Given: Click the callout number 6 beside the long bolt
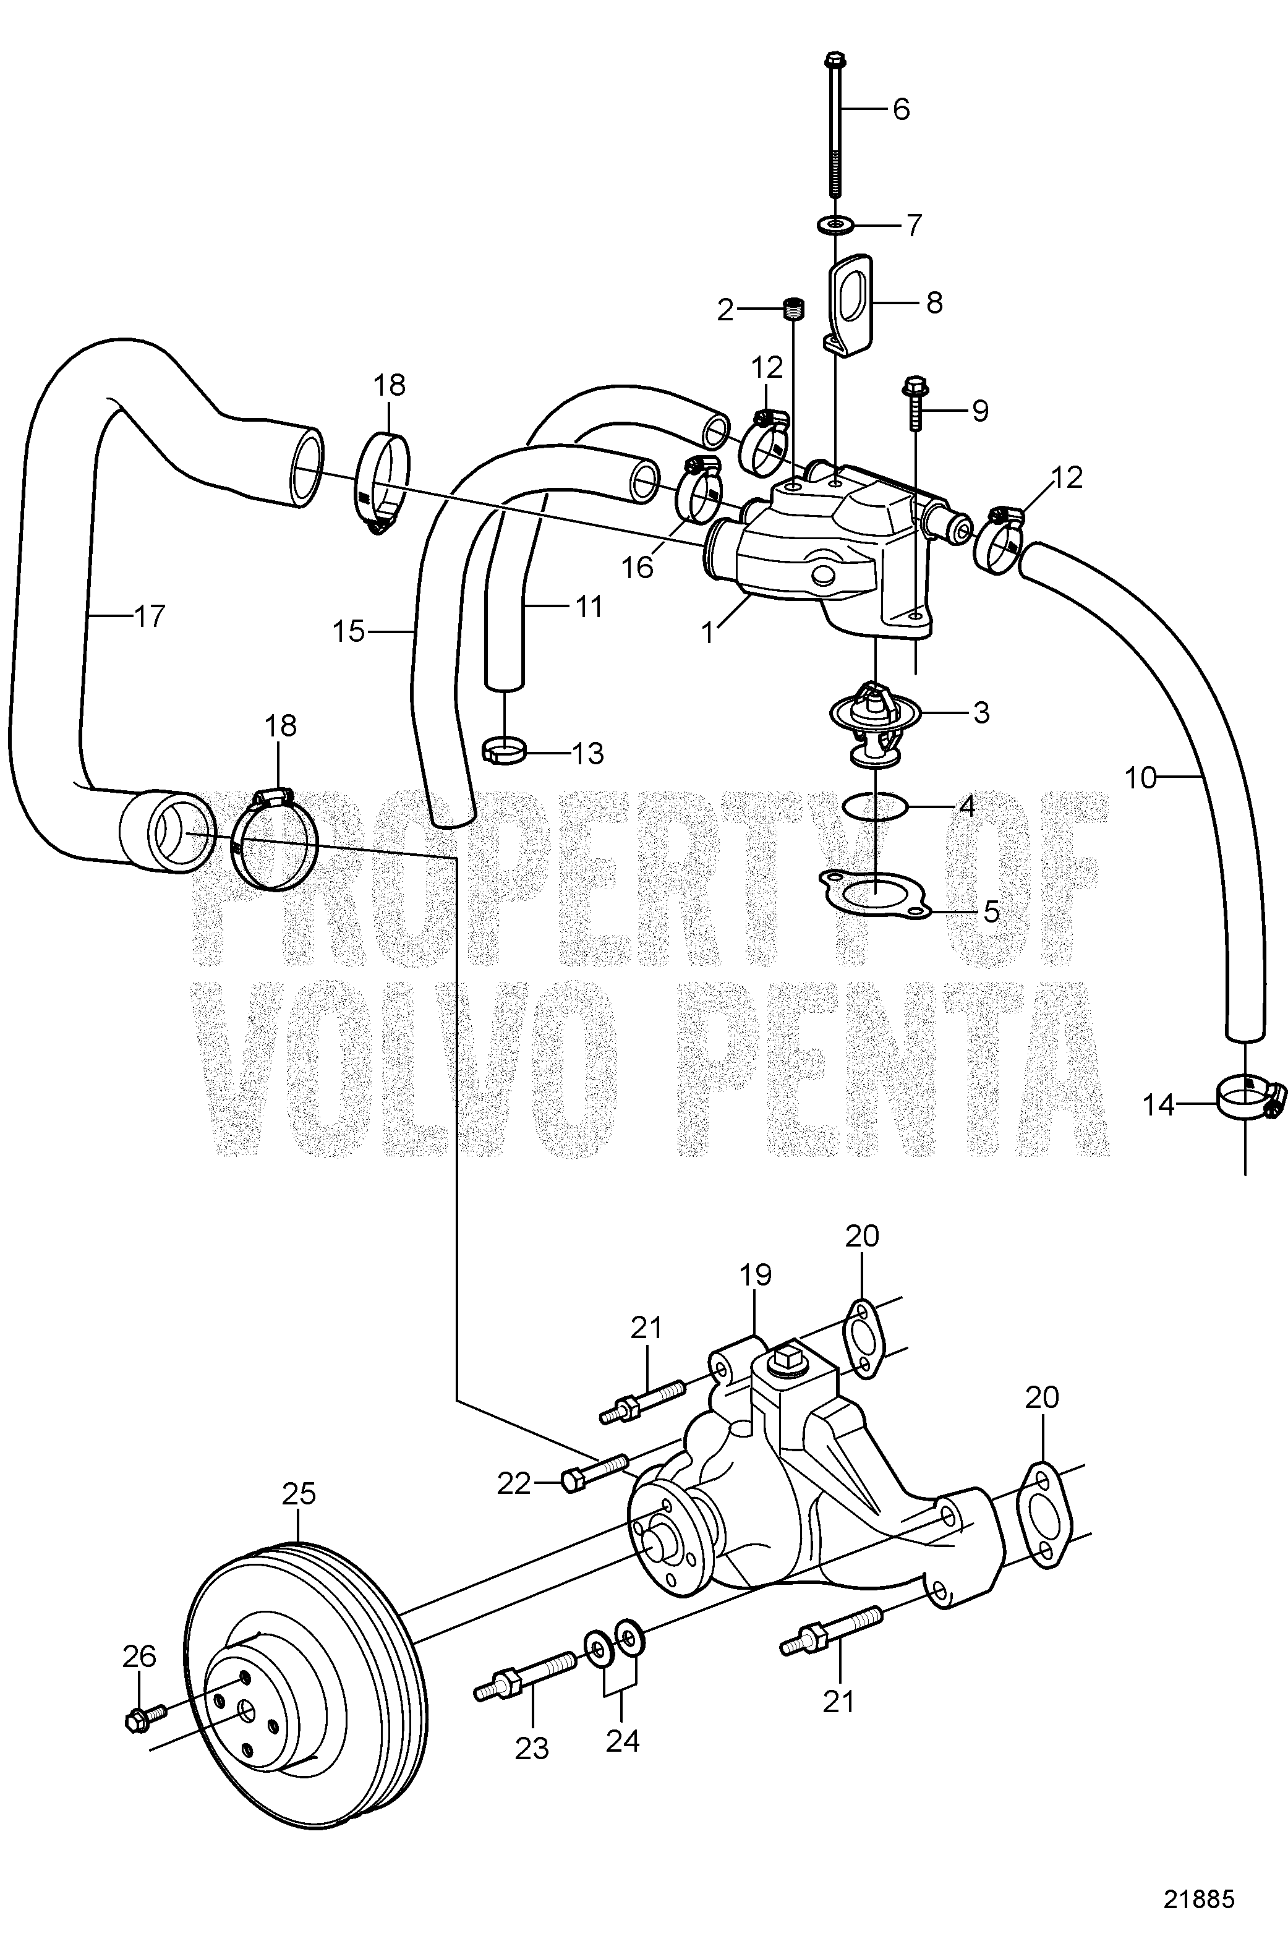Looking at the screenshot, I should pos(901,109).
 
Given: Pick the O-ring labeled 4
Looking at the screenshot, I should pos(876,806).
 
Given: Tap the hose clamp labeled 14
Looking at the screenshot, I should pos(1245,1099).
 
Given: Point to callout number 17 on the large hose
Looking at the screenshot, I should pos(148,616).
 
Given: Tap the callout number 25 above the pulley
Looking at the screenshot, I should pos(299,1494).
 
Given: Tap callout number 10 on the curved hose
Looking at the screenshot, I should pos(1140,777).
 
